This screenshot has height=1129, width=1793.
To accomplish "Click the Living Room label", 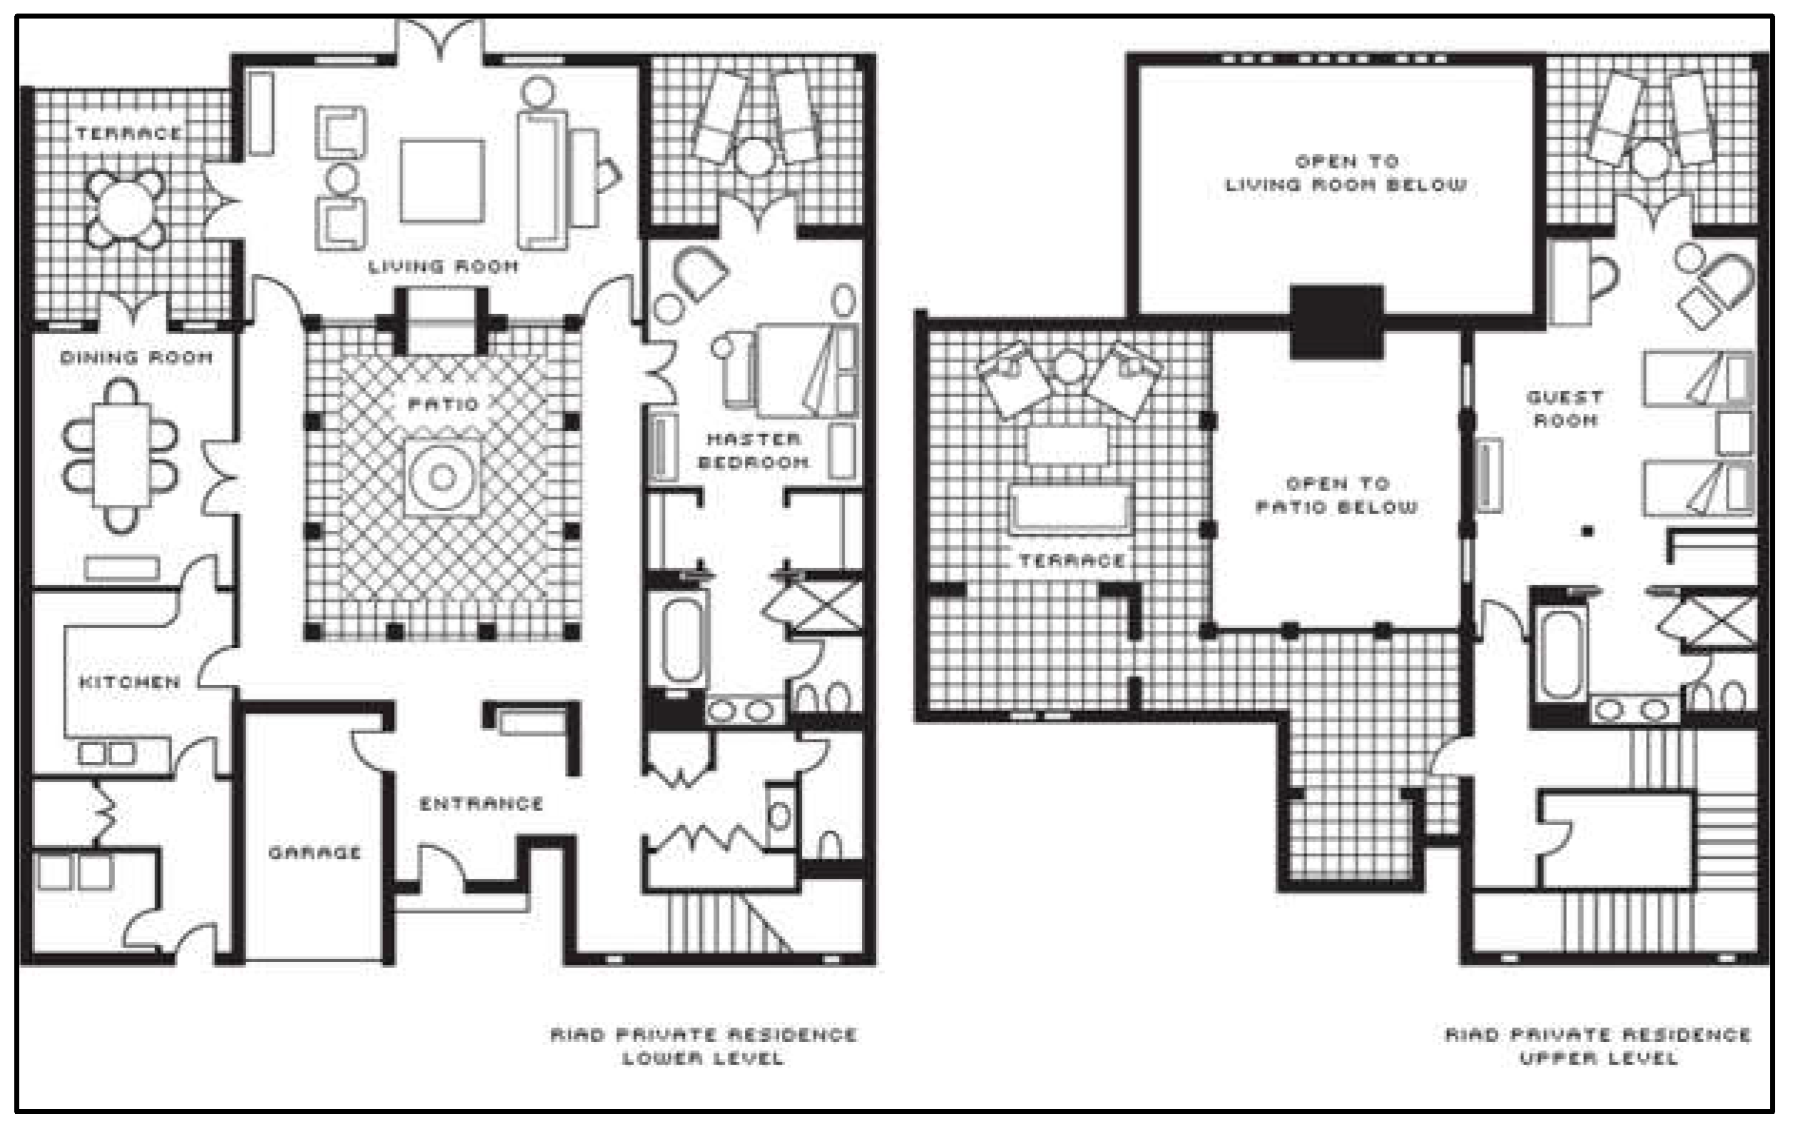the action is tap(443, 266).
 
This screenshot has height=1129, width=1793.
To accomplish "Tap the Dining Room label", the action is tap(136, 357).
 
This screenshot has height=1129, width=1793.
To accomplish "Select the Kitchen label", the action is tap(130, 682).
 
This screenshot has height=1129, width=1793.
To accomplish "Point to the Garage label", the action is tap(314, 852).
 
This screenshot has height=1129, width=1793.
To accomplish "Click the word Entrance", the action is tap(481, 804).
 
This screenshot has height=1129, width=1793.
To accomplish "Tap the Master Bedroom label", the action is tap(753, 450).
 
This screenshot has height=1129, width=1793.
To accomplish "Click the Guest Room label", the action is tap(1565, 409).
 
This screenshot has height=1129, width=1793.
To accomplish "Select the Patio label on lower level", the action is tap(444, 404).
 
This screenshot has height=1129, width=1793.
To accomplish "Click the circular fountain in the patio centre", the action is tap(442, 477).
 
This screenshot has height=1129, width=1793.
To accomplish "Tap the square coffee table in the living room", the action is tap(442, 181).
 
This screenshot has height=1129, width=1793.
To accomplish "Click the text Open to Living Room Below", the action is tap(1346, 173).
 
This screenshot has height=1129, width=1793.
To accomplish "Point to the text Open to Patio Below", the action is tap(1337, 495).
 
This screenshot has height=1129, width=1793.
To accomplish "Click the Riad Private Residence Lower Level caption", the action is tap(704, 1046).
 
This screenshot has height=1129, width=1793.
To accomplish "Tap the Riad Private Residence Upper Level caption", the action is tap(1599, 1046).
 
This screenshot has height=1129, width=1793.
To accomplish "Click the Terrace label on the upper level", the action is tap(1072, 560).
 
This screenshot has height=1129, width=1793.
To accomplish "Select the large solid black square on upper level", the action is tap(1336, 323).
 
